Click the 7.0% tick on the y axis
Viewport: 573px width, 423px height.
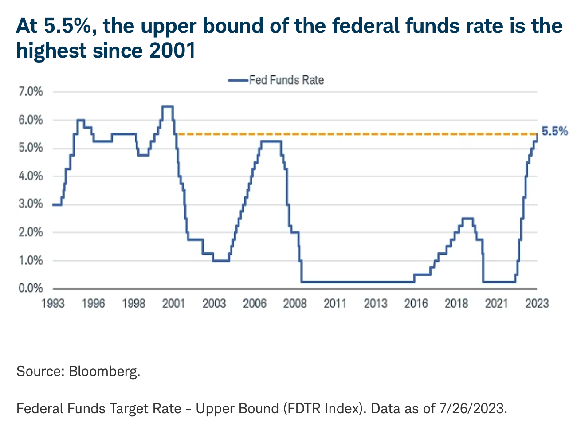(x=31, y=92)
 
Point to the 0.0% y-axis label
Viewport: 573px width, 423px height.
(x=31, y=289)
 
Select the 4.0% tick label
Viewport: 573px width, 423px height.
(x=31, y=176)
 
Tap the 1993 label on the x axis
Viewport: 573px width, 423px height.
(x=53, y=304)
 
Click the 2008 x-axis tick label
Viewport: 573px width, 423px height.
(x=295, y=304)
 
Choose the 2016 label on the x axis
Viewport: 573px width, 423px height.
(x=416, y=304)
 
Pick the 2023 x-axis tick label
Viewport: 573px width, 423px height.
(x=537, y=304)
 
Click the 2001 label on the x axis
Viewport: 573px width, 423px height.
(x=173, y=304)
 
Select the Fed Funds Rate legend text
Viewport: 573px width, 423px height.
(x=286, y=80)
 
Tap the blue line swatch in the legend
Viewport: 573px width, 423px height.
(x=238, y=80)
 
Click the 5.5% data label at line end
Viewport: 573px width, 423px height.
(x=554, y=131)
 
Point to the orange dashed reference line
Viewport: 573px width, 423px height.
(x=355, y=134)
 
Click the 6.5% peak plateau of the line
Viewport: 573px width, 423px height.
(x=167, y=106)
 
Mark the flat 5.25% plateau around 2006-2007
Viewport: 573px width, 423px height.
(x=271, y=141)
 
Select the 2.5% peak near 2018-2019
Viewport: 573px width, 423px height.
(x=467, y=218)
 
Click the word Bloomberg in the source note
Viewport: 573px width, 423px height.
(x=104, y=371)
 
